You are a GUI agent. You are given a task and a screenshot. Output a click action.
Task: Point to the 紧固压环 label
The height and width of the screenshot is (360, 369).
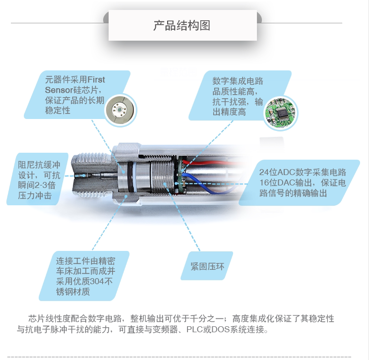click(x=207, y=266)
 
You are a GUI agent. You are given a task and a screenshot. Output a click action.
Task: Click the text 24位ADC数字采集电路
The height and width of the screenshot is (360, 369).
click(x=303, y=172)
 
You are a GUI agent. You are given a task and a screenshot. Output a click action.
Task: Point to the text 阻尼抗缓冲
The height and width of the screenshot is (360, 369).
click(x=39, y=165)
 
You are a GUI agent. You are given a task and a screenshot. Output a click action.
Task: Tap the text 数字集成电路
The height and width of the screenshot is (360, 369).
click(x=238, y=81)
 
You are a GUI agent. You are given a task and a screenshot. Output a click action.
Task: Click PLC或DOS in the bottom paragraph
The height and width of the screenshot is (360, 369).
click(x=207, y=330)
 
